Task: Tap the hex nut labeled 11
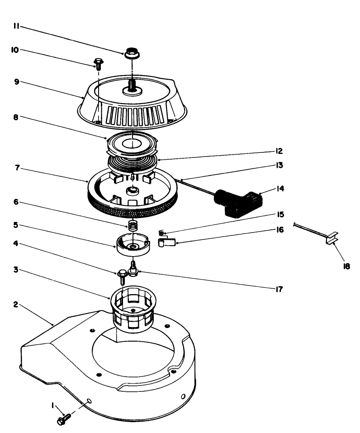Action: [132, 53]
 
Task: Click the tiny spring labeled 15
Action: [161, 233]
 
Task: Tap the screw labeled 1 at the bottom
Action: [63, 419]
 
